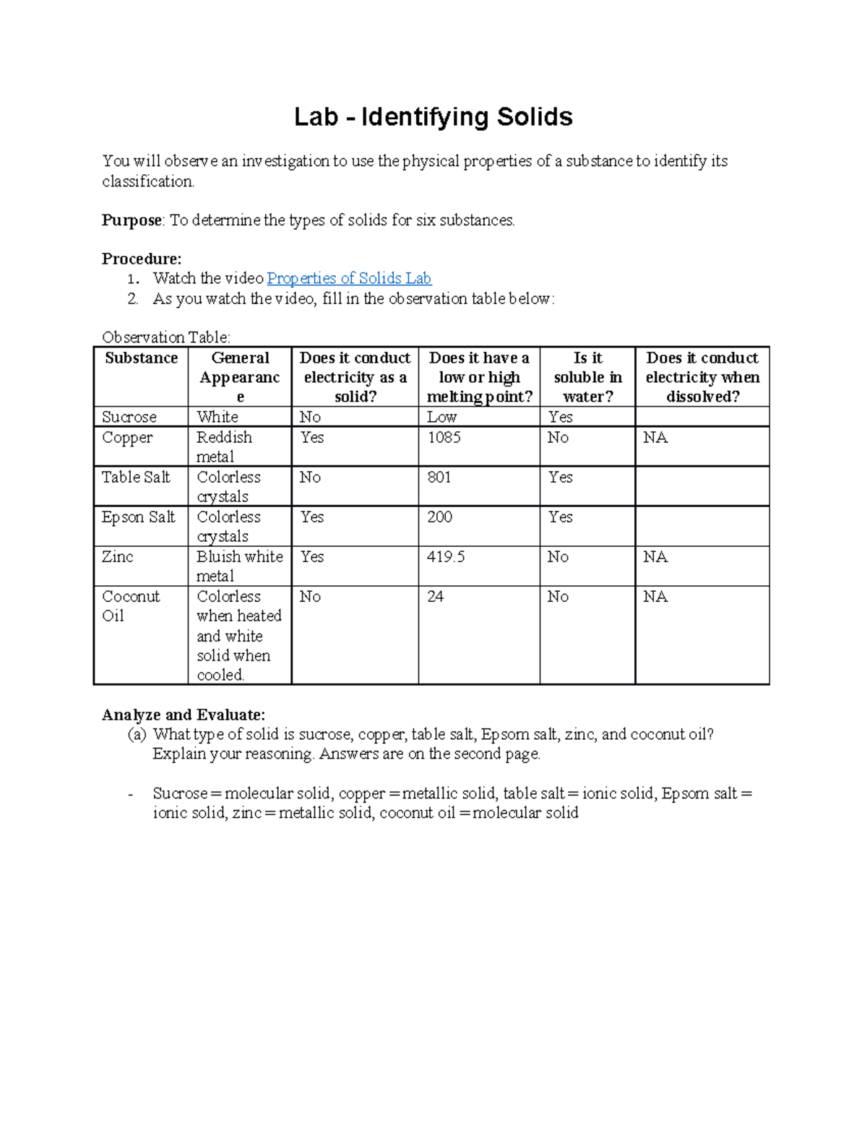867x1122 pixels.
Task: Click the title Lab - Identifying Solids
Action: point(433,117)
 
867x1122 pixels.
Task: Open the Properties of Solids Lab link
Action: point(349,278)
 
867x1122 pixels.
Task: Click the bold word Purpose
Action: point(131,220)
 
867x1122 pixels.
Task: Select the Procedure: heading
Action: point(142,259)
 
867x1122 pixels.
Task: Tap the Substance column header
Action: point(141,358)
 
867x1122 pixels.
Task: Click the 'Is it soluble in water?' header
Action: point(587,377)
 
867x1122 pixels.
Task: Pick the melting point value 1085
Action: point(444,438)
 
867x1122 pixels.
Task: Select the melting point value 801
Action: point(439,478)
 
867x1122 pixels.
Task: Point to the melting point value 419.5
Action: point(446,557)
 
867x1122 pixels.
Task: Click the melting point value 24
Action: point(435,597)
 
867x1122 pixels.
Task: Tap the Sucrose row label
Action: point(129,417)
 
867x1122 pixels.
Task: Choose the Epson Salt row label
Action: point(139,517)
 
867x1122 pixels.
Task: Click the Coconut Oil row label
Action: point(131,606)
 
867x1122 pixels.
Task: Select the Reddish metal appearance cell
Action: point(224,447)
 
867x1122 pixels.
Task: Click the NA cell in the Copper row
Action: point(655,438)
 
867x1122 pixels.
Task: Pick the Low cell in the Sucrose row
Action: point(441,417)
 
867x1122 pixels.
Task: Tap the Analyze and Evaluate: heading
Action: point(184,715)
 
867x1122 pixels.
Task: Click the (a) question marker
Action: point(137,735)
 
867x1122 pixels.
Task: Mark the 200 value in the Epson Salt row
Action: point(439,517)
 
